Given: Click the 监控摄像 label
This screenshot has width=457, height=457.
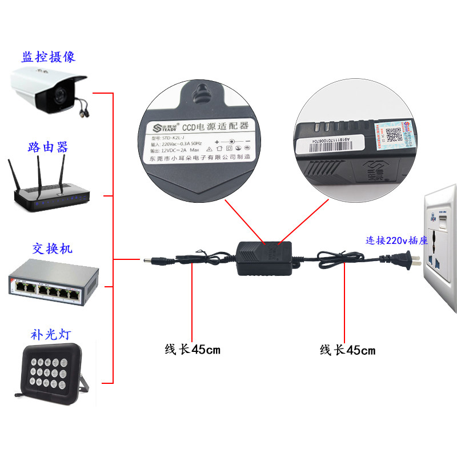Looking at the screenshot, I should pyautogui.click(x=49, y=57).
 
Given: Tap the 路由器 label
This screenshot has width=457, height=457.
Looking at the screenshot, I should pyautogui.click(x=48, y=147).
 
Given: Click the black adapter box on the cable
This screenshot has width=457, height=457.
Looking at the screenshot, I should pyautogui.click(x=264, y=255).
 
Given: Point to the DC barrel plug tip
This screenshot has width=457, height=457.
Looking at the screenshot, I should pyautogui.click(x=147, y=261).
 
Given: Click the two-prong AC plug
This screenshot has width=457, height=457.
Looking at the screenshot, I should pyautogui.click(x=408, y=260).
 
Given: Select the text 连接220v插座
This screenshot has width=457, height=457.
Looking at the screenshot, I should pyautogui.click(x=397, y=240).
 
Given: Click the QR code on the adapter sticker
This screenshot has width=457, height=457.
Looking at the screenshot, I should pyautogui.click(x=393, y=135).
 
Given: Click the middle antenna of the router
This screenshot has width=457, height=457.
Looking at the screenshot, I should pyautogui.click(x=40, y=171).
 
